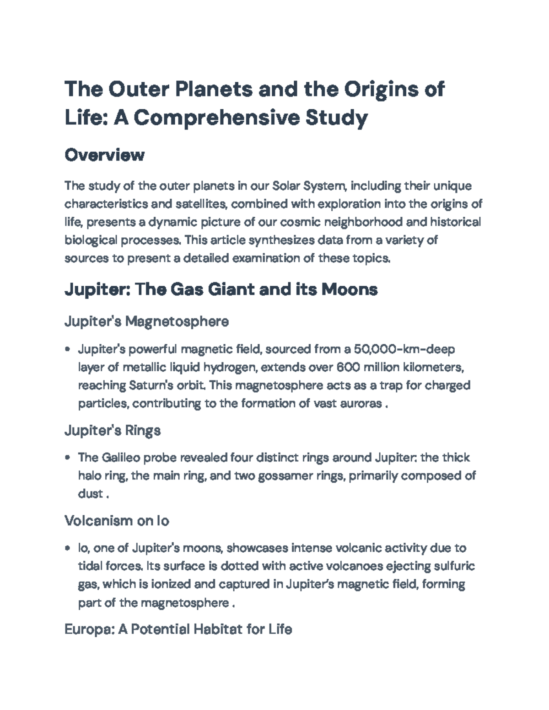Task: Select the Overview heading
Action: pos(104,155)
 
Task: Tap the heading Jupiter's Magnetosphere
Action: pos(146,321)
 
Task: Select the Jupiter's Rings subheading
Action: pos(113,430)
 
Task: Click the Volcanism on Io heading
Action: pos(117,521)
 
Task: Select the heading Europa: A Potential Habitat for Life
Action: pos(178,630)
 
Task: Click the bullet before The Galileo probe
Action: pos(68,458)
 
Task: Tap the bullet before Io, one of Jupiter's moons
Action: pos(68,548)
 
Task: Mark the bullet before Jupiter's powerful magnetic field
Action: pos(68,349)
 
